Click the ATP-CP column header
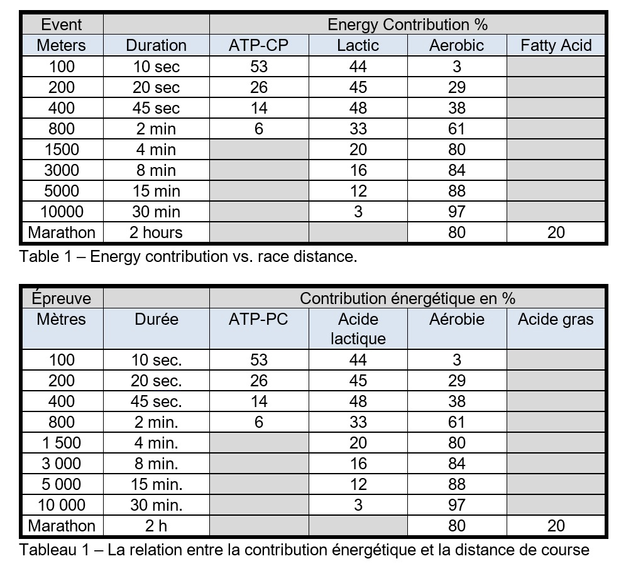(x=259, y=45)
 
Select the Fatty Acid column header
(x=556, y=45)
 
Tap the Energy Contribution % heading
(x=407, y=24)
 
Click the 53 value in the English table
(x=259, y=67)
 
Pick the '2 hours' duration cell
(x=156, y=232)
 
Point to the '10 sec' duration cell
(x=156, y=67)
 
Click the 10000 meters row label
(x=62, y=212)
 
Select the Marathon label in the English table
(x=62, y=232)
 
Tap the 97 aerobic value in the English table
(x=457, y=212)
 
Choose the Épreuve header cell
(x=62, y=298)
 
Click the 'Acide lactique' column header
(x=358, y=329)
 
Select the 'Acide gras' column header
(x=556, y=319)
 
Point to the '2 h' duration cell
(x=156, y=526)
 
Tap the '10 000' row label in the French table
(x=62, y=505)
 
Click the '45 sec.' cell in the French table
(x=156, y=401)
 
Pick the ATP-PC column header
(x=259, y=319)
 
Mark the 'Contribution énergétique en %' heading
(x=407, y=298)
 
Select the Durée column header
(x=156, y=319)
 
